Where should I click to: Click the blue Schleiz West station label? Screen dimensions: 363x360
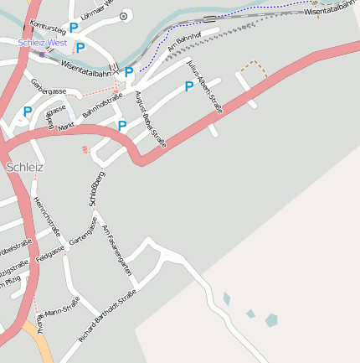pos(41,42)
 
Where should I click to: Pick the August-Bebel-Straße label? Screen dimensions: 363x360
pos(151,120)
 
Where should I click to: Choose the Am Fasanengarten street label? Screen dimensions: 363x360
pos(116,250)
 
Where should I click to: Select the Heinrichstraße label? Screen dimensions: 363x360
pos(48,216)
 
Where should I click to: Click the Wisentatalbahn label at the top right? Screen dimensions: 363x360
pos(332,12)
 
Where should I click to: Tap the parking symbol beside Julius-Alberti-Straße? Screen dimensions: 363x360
pos(189,86)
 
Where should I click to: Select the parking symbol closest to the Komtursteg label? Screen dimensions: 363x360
pos(74,28)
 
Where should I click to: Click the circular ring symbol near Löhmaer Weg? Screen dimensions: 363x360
pos(124,15)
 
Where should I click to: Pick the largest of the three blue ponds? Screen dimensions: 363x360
pos(271,319)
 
